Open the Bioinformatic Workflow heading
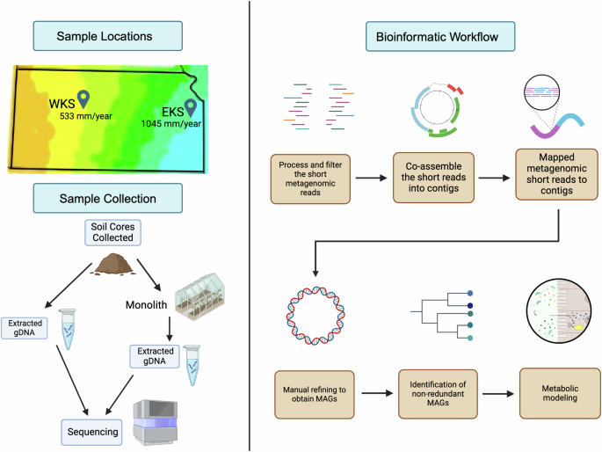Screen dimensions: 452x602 428,36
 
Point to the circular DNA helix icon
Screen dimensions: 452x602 313,314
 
